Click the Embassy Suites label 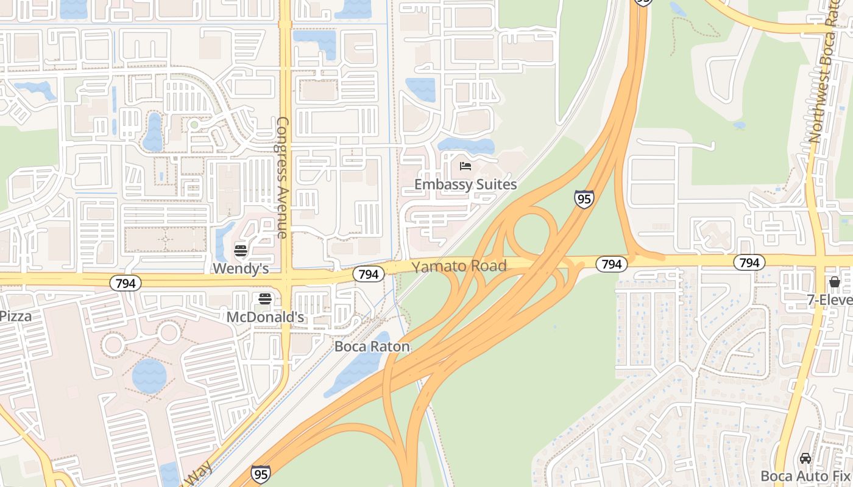point(465,184)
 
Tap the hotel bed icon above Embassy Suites point(465,166)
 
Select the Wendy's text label point(241,268)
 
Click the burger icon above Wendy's point(241,251)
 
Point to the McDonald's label point(265,317)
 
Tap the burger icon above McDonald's point(265,299)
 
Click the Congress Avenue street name point(282,177)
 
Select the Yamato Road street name point(459,266)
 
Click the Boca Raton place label point(372,347)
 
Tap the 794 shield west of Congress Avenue point(126,283)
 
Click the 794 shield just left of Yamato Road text point(369,274)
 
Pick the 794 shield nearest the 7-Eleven point(749,262)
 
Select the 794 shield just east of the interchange point(611,264)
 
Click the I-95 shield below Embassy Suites point(584,199)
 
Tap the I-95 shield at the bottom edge point(261,474)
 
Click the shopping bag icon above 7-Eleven point(834,282)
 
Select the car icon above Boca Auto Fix point(805,458)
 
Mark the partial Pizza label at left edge point(16,316)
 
